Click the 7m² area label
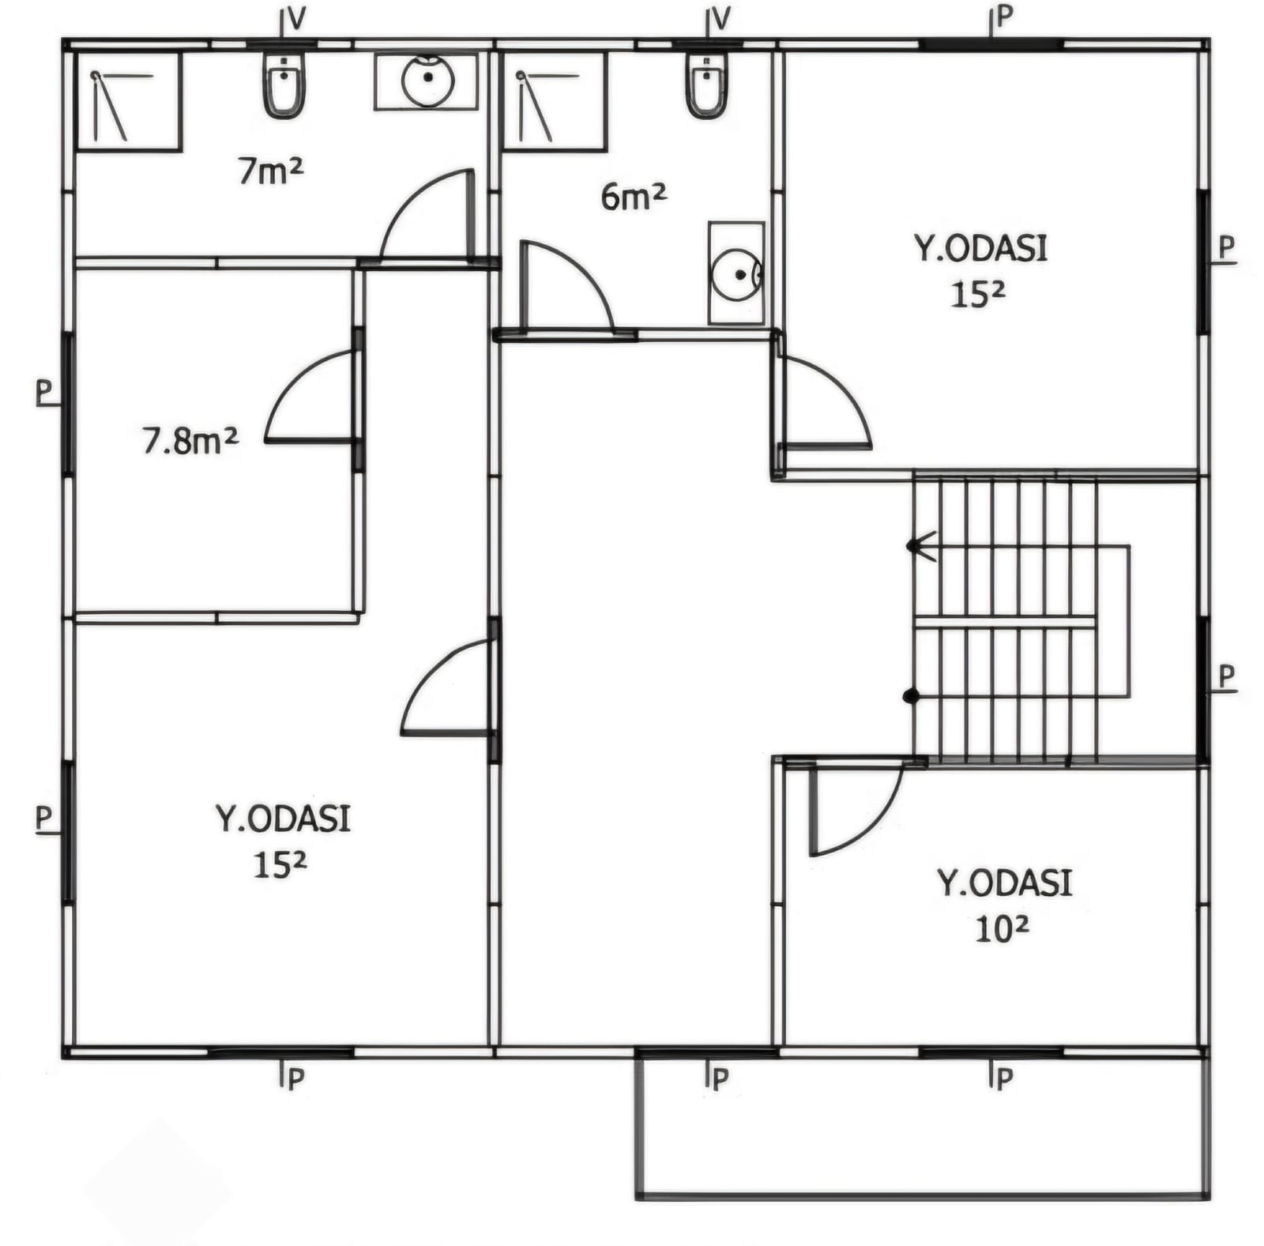(271, 171)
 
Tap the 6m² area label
(634, 195)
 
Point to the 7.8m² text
(190, 440)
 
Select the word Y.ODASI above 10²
(1005, 883)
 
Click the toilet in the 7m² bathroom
(284, 85)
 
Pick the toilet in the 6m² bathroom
(706, 85)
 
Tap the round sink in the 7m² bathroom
(427, 81)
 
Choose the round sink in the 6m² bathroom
(736, 273)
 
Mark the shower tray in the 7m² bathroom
(129, 102)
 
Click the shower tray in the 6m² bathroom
(555, 102)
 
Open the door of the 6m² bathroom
(566, 285)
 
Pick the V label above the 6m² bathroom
(720, 18)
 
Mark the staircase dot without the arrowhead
(911, 696)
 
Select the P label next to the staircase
(1226, 677)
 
